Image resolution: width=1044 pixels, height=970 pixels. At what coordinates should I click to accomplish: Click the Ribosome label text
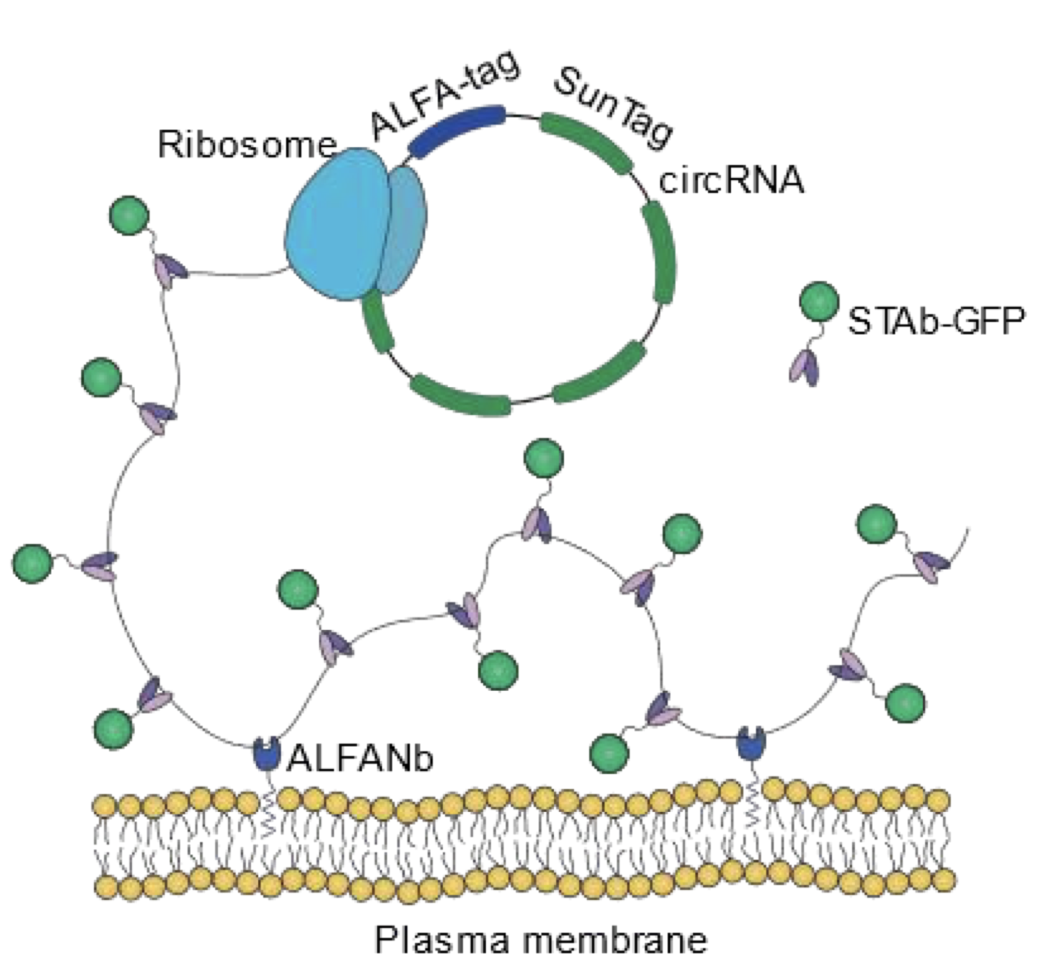click(246, 145)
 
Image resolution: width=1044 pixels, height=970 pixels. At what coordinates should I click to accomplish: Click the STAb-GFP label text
click(936, 322)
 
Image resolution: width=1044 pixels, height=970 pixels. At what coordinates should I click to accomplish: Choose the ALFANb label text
click(360, 757)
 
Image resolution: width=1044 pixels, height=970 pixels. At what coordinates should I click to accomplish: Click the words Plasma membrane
click(540, 939)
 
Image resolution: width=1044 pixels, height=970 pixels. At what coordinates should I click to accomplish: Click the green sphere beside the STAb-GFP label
click(819, 302)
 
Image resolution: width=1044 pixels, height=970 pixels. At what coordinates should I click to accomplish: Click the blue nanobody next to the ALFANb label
click(266, 752)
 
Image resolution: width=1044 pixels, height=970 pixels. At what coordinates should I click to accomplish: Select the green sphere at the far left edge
click(32, 562)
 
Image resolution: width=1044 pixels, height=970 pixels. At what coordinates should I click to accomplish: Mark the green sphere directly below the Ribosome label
click(129, 216)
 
